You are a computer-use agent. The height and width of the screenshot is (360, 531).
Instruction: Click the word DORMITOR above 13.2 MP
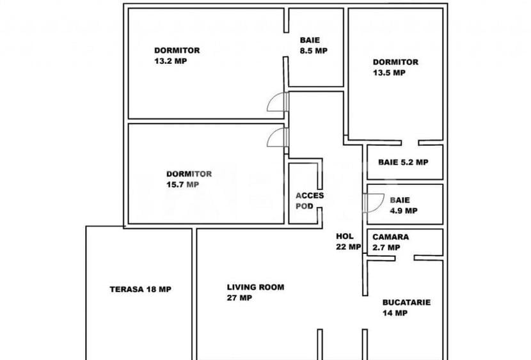177,51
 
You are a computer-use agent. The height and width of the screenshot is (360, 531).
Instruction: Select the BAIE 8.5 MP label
313,45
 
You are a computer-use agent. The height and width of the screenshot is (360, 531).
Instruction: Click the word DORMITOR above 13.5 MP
395,62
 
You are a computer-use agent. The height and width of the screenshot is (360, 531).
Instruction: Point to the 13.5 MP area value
389,73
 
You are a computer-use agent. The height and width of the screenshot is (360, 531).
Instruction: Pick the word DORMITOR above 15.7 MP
189,173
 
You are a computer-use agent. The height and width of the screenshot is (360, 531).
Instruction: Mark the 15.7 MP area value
182,184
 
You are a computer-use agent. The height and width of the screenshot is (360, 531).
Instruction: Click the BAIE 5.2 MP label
403,162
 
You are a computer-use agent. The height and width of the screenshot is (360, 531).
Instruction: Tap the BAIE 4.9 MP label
403,205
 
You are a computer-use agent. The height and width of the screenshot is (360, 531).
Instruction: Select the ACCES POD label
310,201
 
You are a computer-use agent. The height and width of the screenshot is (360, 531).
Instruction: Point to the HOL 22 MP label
348,242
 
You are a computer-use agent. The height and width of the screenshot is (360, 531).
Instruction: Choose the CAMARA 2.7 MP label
391,242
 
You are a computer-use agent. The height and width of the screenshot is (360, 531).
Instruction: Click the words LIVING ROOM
255,287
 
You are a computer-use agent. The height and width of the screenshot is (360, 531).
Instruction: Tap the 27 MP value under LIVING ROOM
239,298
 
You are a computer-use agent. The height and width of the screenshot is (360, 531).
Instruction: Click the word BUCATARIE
406,302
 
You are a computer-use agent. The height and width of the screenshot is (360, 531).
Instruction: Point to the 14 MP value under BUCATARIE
395,313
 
